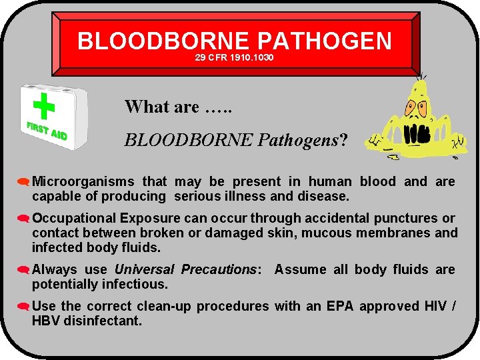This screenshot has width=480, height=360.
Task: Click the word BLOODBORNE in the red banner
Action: pyautogui.click(x=163, y=41)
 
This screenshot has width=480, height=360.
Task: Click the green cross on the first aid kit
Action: pyautogui.click(x=43, y=106)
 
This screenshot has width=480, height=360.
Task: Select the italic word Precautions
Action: pyautogui.click(x=219, y=269)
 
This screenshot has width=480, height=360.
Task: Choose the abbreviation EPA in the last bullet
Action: pyautogui.click(x=341, y=306)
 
